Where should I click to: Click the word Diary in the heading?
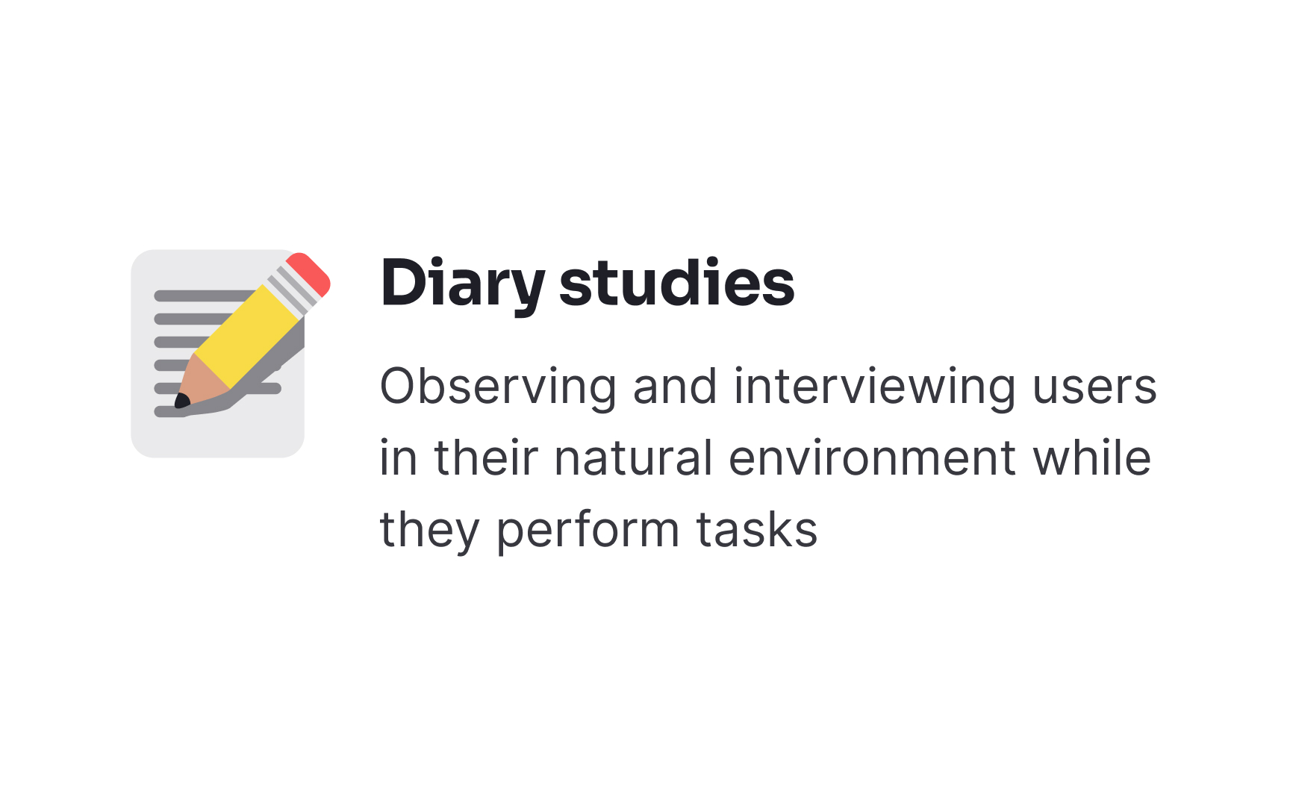tap(463, 284)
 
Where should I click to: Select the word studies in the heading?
tap(676, 284)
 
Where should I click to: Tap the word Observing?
tap(498, 387)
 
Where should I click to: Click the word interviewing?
tap(874, 387)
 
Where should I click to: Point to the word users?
tap(1094, 387)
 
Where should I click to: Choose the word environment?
tap(872, 458)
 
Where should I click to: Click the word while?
tap(1091, 458)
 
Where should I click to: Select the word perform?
tap(588, 530)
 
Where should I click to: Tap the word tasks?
tap(756, 530)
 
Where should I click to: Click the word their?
tap(486, 458)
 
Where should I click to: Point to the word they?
tap(429, 530)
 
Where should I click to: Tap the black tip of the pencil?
tap(181, 402)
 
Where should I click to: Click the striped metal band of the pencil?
tap(292, 290)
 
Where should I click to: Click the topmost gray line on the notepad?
tap(202, 296)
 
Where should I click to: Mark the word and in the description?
tap(675, 387)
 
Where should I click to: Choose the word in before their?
tap(397, 458)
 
